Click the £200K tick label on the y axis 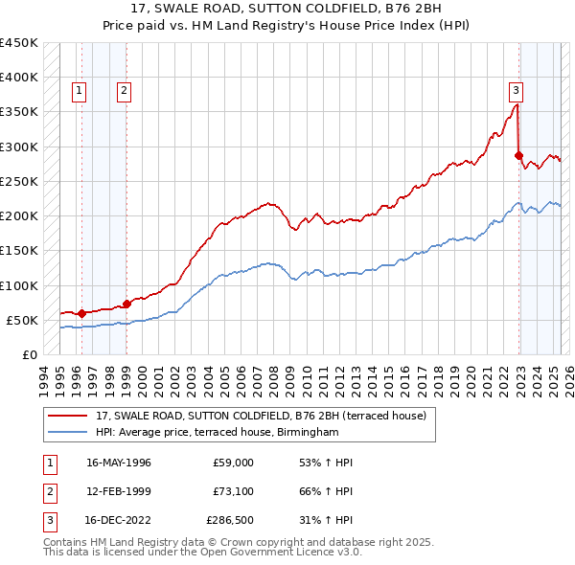pos(19,216)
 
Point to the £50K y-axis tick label pos(23,320)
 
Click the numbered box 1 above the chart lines pos(78,91)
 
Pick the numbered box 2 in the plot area pos(125,91)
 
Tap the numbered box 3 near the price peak pos(516,91)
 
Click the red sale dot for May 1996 pos(81,313)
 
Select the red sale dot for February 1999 pos(126,304)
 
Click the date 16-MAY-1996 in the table pos(119,463)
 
